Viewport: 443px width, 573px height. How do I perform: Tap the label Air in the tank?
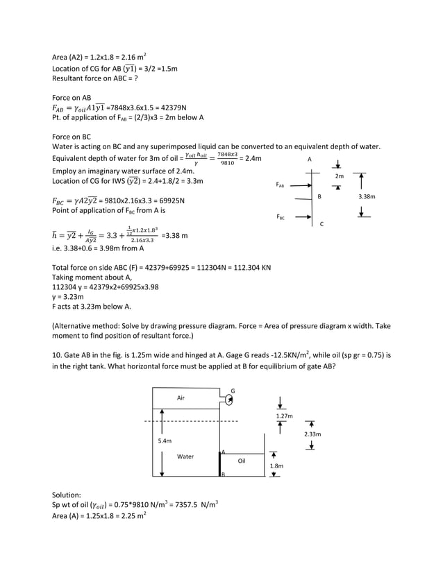pos(181,398)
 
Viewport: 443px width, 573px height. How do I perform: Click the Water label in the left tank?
pos(185,456)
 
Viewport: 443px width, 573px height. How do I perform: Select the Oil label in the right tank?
pos(242,460)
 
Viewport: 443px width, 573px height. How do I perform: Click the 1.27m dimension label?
pos(285,416)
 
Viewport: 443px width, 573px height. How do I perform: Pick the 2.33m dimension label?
pos(312,434)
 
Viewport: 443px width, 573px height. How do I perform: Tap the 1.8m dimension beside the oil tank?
pos(276,466)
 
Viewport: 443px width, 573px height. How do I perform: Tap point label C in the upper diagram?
pos(321,223)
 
